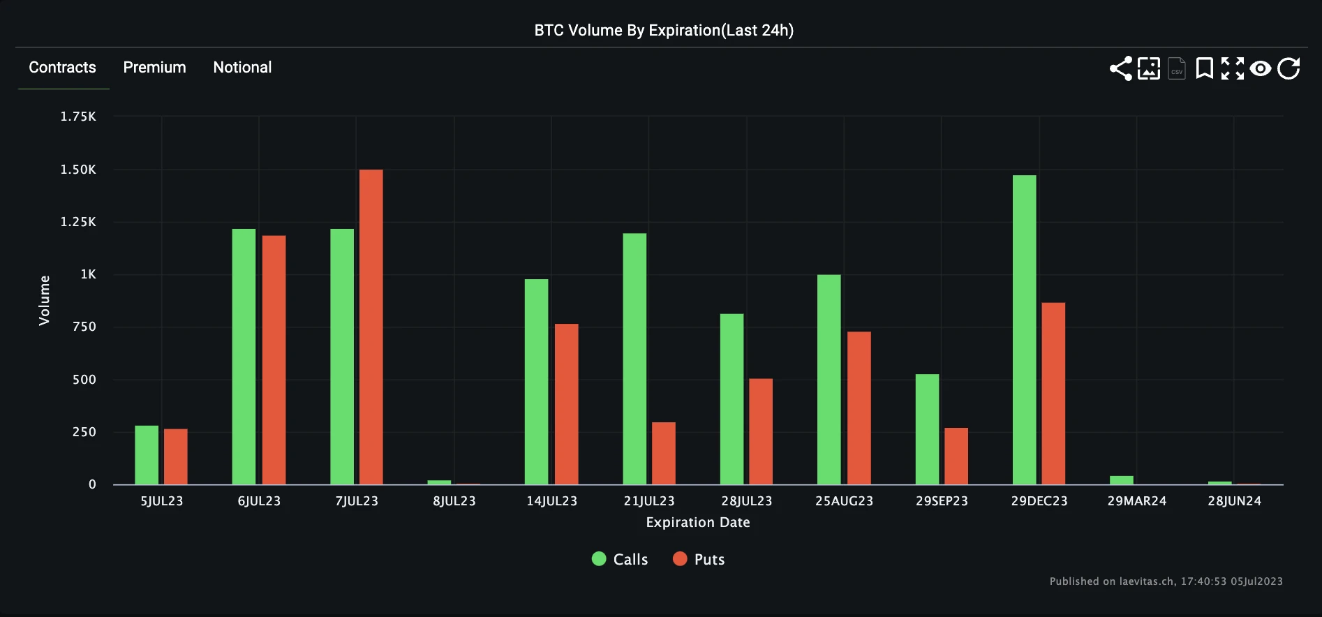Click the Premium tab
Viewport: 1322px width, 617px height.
(154, 68)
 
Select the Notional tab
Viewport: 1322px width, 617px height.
(242, 68)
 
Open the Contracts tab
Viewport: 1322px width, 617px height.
(62, 68)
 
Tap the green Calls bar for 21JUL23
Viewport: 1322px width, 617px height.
(634, 359)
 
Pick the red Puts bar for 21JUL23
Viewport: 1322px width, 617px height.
(663, 453)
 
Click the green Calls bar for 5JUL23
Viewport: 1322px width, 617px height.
(147, 455)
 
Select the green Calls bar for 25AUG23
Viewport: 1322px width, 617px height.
(829, 380)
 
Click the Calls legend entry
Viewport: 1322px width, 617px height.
(620, 559)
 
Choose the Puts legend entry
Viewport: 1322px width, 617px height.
(699, 559)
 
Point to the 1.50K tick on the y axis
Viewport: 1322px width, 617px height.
(78, 170)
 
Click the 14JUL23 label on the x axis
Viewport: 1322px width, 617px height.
(551, 501)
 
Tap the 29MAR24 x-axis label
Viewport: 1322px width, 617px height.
(1136, 501)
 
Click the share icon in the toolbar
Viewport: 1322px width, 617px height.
(1120, 68)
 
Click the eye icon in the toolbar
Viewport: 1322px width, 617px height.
(1260, 68)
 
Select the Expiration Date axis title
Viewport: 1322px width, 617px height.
(698, 522)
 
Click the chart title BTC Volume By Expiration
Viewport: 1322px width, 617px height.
(664, 30)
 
